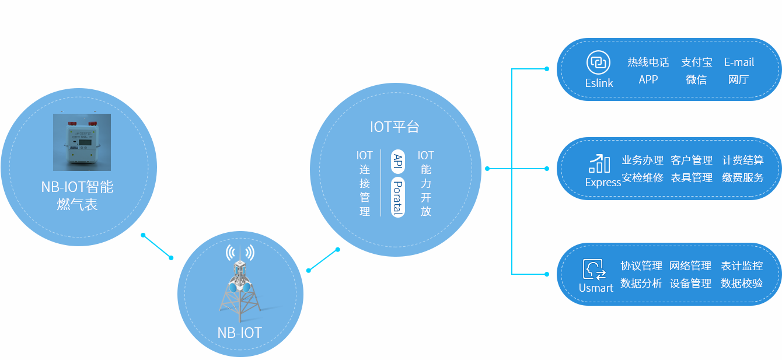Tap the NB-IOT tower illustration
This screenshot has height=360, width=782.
point(240,286)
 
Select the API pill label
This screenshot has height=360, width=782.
point(398,160)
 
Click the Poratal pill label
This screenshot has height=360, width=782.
point(398,197)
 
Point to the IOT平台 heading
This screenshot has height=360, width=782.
point(395,127)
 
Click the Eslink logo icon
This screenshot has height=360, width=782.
point(598,62)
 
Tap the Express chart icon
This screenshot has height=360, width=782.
point(599,164)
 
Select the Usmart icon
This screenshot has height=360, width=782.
point(595,269)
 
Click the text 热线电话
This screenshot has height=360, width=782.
point(648,62)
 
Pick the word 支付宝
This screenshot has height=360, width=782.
point(696,62)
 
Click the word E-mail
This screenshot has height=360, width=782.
point(739,62)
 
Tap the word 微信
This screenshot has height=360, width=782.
point(696,79)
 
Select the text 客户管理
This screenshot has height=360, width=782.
point(692,160)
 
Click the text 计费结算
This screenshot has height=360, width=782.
point(742,160)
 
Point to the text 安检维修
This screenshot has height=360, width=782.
point(642,177)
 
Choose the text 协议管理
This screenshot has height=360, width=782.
point(641,266)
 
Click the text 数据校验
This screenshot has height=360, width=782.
point(742,284)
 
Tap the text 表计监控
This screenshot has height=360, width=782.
point(742,266)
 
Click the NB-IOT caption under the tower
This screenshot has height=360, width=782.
point(240,333)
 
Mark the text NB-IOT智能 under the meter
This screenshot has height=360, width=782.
point(77,187)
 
